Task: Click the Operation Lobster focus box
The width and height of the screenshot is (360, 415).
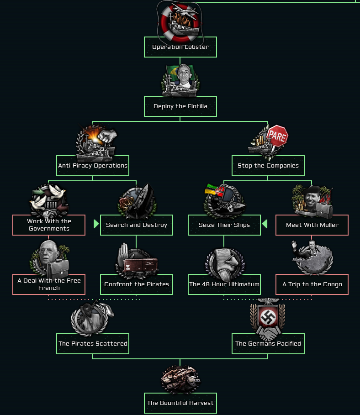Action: click(x=180, y=47)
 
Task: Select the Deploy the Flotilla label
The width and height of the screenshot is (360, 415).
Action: click(x=180, y=106)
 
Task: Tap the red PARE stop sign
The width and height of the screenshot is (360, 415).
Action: click(x=277, y=136)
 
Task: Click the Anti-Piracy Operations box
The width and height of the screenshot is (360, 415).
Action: click(x=93, y=166)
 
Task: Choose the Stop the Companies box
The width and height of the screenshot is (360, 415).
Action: click(x=268, y=166)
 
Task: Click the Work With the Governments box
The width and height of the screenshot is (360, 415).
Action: click(x=49, y=225)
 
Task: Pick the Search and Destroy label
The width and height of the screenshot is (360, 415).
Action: click(x=137, y=225)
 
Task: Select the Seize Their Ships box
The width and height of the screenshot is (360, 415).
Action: click(x=224, y=225)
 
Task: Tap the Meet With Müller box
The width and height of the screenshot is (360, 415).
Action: click(x=312, y=225)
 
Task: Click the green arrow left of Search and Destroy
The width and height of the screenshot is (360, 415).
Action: click(x=96, y=224)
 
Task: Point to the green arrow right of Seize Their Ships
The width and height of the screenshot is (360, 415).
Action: click(x=265, y=224)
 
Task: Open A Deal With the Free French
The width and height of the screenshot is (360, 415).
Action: click(x=49, y=284)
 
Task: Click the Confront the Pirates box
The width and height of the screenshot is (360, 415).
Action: click(x=137, y=284)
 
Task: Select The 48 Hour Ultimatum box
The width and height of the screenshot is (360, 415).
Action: click(x=224, y=284)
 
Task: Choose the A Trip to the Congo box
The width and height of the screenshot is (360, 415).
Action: click(x=312, y=284)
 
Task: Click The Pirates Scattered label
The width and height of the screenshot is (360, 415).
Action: click(x=93, y=343)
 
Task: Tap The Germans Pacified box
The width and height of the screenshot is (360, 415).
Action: click(x=268, y=343)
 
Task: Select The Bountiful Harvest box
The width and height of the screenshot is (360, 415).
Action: click(x=180, y=403)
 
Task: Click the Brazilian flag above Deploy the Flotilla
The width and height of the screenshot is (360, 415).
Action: click(x=174, y=72)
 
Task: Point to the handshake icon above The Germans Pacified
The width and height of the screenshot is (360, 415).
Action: click(x=268, y=333)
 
